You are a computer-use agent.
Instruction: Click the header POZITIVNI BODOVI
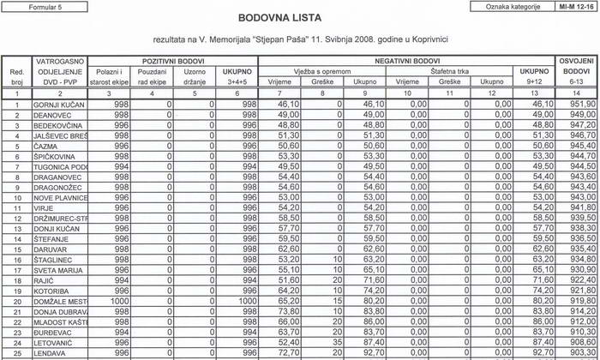tap(173, 62)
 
